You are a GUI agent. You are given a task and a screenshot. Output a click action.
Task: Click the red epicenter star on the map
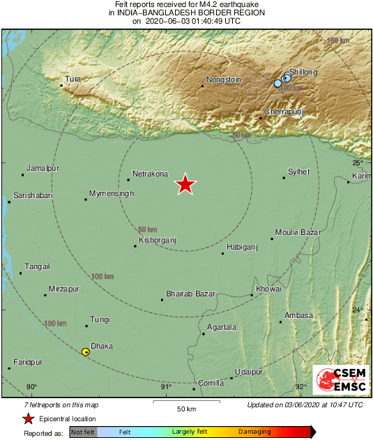point(185,184)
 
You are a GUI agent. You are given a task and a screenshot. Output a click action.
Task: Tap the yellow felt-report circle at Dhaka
point(86,352)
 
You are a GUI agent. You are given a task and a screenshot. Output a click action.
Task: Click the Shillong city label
point(303,72)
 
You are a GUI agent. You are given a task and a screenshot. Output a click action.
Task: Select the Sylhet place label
point(298,172)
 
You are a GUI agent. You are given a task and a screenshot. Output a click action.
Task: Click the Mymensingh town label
point(112,193)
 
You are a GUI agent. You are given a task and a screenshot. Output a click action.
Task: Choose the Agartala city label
point(222,327)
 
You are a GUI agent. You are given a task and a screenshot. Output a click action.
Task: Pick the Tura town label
point(73,79)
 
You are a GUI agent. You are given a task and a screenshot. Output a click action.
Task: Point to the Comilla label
point(211,383)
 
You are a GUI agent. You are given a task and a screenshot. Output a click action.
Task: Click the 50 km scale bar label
point(185,408)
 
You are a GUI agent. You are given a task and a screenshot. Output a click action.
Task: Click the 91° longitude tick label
point(166,386)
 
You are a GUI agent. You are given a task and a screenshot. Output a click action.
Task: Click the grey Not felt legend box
point(82,432)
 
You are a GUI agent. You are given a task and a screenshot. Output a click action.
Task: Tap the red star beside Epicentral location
point(27,418)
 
